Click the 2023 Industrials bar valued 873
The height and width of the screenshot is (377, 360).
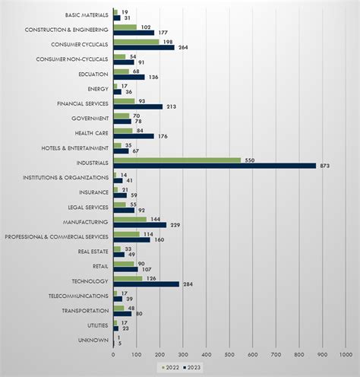[214, 166]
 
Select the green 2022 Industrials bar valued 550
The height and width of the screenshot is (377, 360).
[177, 160]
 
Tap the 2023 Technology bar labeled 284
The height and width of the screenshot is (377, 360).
[146, 284]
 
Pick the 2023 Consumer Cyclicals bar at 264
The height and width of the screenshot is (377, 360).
[144, 47]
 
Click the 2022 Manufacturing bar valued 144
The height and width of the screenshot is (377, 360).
[130, 219]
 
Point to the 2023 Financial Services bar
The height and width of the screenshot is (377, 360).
[137, 106]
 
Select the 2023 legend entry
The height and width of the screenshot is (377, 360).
[197, 367]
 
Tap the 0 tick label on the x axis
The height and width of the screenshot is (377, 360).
[113, 354]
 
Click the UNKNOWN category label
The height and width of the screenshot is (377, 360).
[96, 340]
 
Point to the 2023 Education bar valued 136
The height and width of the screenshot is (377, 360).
[128, 77]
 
